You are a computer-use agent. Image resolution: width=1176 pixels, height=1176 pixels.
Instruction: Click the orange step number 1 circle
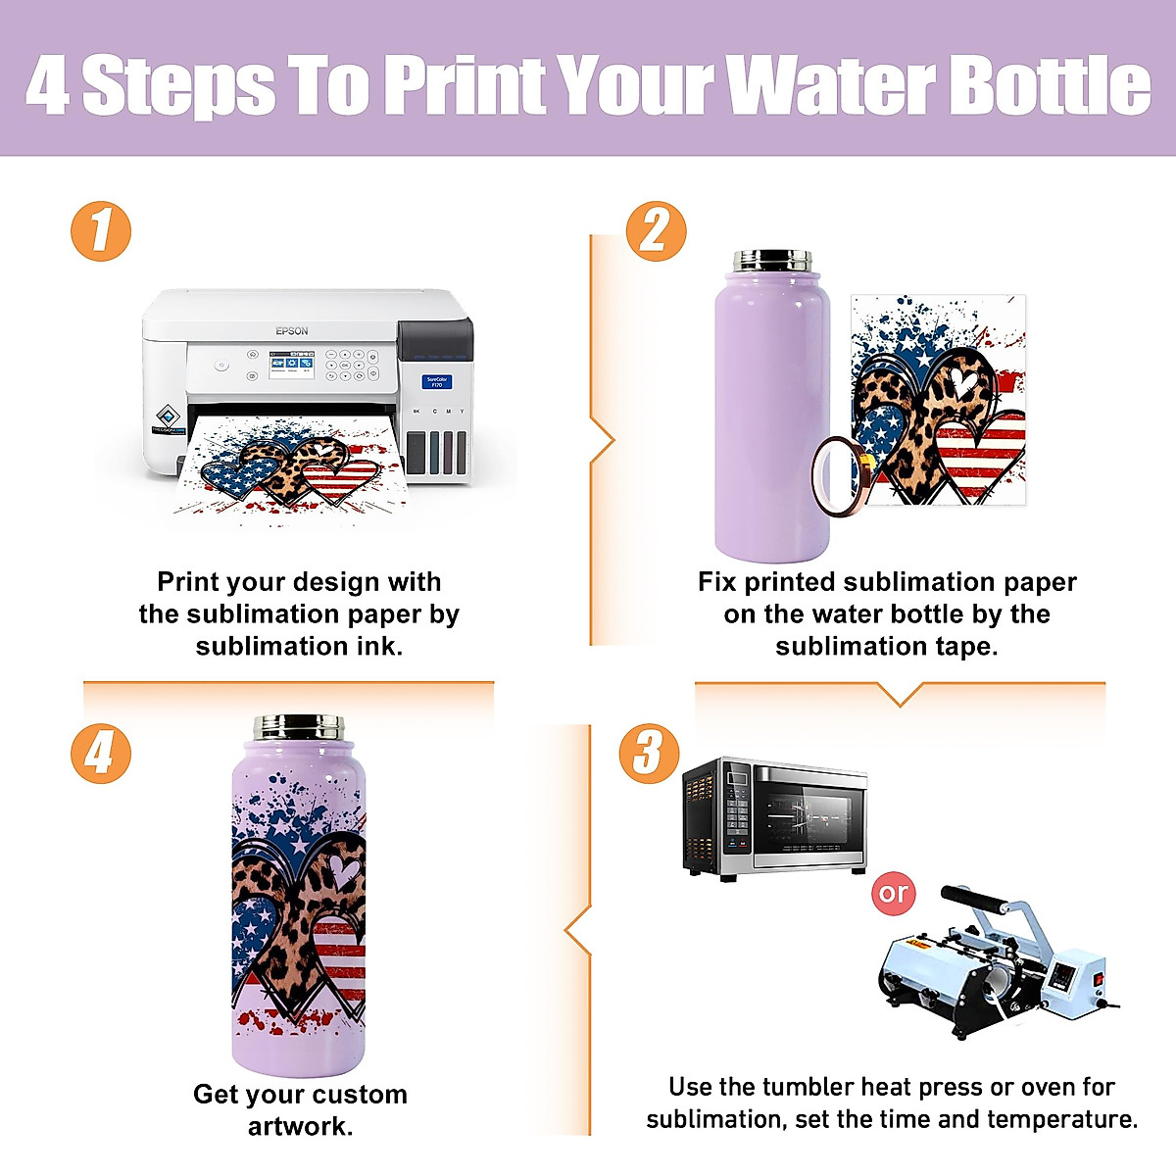click(101, 232)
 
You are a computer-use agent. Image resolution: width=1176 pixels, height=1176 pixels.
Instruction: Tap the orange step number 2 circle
click(656, 232)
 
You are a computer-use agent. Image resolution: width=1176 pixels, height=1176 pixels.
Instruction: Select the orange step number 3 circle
click(648, 754)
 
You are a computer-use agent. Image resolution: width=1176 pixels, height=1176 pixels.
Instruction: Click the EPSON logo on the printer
click(291, 331)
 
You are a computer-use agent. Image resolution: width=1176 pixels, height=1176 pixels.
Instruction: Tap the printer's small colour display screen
click(291, 366)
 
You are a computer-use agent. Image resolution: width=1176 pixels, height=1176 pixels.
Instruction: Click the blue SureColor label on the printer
click(436, 381)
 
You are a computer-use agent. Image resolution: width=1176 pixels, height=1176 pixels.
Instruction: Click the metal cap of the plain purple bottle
click(772, 262)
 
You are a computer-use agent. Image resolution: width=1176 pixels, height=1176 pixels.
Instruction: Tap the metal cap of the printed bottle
click(299, 727)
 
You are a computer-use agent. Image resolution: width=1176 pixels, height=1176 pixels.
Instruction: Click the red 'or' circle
click(893, 894)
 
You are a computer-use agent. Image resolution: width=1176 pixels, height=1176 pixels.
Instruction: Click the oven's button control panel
click(736, 815)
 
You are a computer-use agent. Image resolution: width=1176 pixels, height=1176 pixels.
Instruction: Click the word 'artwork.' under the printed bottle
click(300, 1126)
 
